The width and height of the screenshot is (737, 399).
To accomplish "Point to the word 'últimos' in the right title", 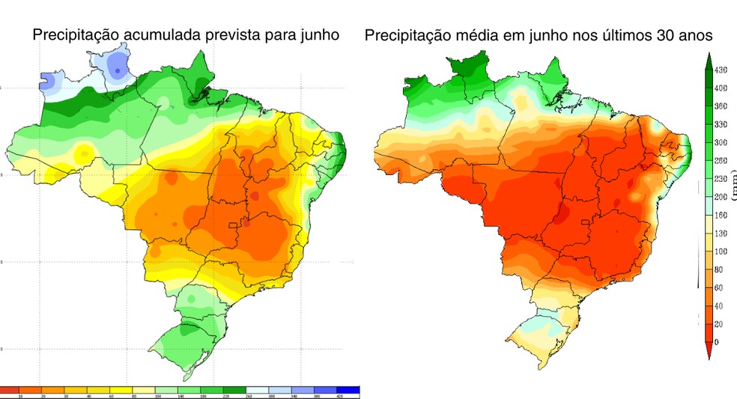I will (612, 35).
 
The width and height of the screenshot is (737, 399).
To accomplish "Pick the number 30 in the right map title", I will (654, 35).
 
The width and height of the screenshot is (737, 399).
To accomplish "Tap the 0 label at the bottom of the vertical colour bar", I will (717, 341).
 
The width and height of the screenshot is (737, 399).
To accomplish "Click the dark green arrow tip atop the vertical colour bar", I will (708, 60).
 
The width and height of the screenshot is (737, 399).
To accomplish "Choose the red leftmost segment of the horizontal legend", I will (9, 390).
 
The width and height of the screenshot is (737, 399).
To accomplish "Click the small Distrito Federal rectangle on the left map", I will (233, 224).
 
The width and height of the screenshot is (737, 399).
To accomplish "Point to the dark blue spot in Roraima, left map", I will (118, 69).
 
